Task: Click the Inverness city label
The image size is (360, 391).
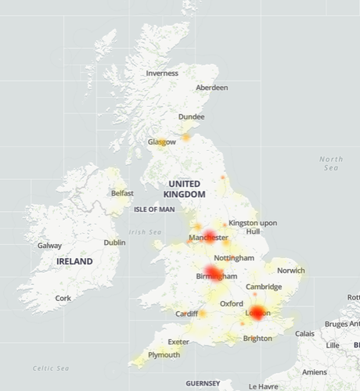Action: point(162,74)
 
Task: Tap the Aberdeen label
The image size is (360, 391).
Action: point(212,88)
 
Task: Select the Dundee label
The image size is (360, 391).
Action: point(191,117)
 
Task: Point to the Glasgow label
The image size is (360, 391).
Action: point(162,142)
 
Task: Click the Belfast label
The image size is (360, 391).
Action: point(122,192)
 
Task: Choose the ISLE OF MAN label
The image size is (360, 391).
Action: point(154,210)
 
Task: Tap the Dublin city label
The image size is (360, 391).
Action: point(114,242)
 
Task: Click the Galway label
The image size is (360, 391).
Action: point(49,246)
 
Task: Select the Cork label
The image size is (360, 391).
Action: point(63,298)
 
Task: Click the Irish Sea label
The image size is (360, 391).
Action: point(145,231)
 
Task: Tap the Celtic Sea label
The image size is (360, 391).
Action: point(51,368)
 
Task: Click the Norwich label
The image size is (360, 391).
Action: point(290,271)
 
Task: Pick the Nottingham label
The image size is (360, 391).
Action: point(235,258)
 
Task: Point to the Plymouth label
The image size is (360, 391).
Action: point(164,355)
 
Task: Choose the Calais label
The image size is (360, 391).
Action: point(304,333)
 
